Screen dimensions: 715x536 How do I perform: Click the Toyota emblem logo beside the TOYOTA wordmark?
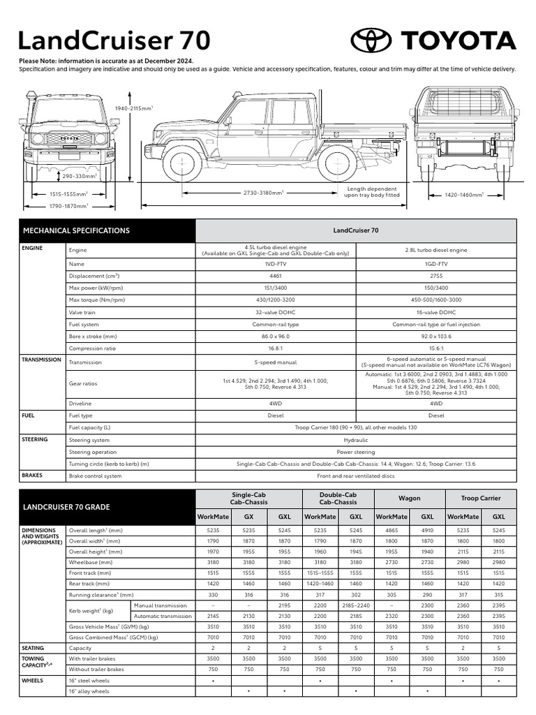point(371,40)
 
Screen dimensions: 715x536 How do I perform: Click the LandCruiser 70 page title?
point(114,40)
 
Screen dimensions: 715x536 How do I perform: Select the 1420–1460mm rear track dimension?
point(465,196)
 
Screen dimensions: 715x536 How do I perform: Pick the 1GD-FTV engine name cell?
point(436,265)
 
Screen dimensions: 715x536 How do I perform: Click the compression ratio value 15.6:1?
point(436,348)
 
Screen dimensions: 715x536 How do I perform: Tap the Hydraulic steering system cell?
point(356,440)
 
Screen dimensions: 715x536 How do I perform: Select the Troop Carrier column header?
point(481,499)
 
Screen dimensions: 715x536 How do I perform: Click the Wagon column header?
point(409,499)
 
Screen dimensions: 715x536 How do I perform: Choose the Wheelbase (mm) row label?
point(91,561)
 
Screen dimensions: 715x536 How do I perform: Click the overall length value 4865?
point(391,530)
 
